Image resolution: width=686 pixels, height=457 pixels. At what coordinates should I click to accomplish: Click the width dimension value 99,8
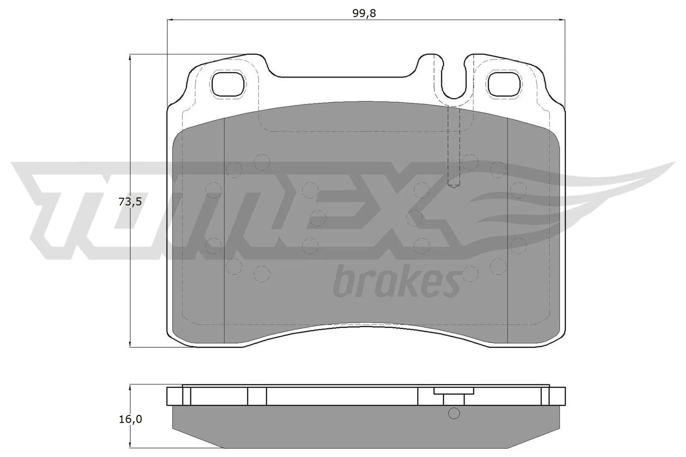coord(364,13)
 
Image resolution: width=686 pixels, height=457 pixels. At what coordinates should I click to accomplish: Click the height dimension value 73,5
coord(129,202)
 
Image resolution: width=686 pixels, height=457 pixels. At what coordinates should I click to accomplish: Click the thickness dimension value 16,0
coord(130,419)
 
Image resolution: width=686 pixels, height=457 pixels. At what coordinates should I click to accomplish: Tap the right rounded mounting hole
coord(505,84)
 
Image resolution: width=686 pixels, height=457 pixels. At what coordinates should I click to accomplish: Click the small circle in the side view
coord(454,413)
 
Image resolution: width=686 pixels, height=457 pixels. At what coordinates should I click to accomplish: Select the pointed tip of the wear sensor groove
coord(454,185)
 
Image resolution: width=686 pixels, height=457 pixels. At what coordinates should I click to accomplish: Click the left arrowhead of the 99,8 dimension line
coord(169,20)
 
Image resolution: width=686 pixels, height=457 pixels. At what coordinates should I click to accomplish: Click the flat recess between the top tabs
coord(343,77)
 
